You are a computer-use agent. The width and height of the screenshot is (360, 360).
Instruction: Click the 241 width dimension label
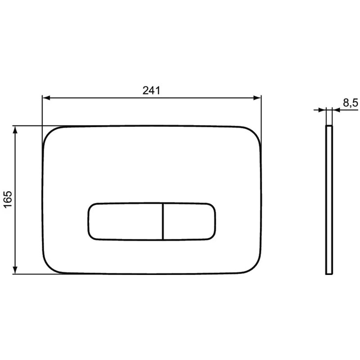pos(151,91)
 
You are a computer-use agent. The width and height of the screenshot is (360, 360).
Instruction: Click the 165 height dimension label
pos(8,199)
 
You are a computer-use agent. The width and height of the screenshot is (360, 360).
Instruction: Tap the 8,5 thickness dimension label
pos(351,103)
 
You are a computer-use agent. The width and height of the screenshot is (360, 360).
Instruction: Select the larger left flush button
pos(125,221)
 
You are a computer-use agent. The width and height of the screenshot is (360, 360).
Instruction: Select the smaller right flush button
pos(189,221)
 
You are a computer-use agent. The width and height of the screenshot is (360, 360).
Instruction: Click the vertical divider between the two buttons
pos(162,221)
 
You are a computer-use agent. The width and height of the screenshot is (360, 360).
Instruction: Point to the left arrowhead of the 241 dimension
pos(47,98)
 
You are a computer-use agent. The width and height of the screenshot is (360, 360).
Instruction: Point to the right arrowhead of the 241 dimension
pos(257,98)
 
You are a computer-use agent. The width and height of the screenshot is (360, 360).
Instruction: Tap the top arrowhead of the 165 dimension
pos(15,130)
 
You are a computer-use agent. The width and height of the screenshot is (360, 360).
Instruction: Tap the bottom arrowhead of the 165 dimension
pos(15,270)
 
